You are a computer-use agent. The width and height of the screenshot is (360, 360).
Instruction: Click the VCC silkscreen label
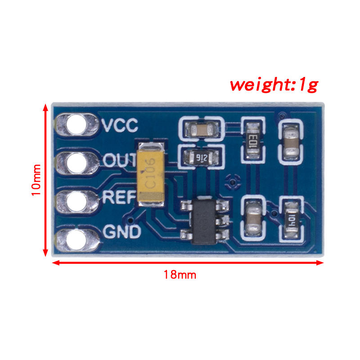pyautogui.click(x=120, y=125)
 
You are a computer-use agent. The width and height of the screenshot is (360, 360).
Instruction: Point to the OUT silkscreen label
pyautogui.click(x=120, y=160)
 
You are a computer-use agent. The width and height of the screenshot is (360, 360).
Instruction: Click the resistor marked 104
pyautogui.click(x=291, y=220)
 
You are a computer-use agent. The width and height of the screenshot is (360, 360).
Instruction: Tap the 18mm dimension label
pyautogui.click(x=180, y=274)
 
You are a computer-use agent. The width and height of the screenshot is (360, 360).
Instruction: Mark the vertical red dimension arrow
pyautogui.click(x=45, y=180)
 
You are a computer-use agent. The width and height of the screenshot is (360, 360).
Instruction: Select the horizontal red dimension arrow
pyautogui.click(x=188, y=262)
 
